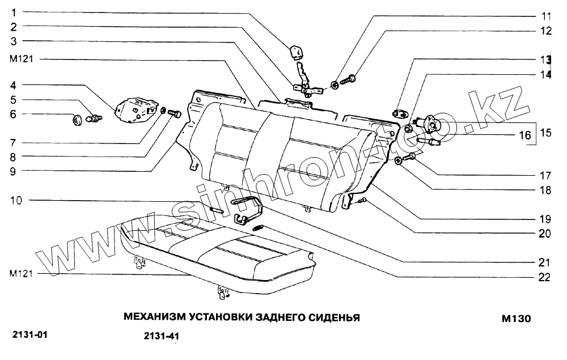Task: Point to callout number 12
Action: point(545,32)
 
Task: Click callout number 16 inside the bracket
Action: point(525,135)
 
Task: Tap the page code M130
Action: point(515,319)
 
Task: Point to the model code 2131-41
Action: point(161,336)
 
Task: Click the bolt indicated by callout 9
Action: point(175,113)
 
